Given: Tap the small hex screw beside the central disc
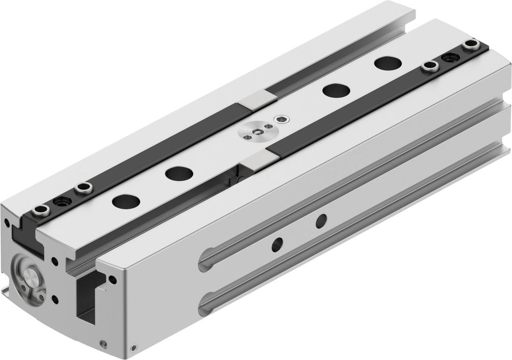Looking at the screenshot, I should pyautogui.click(x=280, y=119).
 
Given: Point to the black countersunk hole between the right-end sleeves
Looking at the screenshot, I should pyautogui.click(x=451, y=57).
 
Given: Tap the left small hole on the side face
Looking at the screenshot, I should pyautogui.click(x=278, y=242).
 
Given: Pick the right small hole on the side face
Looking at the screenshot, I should pyautogui.click(x=321, y=221).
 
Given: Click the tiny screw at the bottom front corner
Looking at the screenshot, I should pyautogui.click(x=105, y=344).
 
